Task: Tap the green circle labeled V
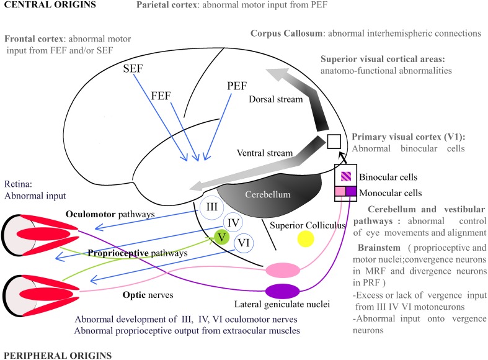coord(222,237)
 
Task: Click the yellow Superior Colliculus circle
coord(305,240)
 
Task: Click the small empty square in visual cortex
coord(334,141)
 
